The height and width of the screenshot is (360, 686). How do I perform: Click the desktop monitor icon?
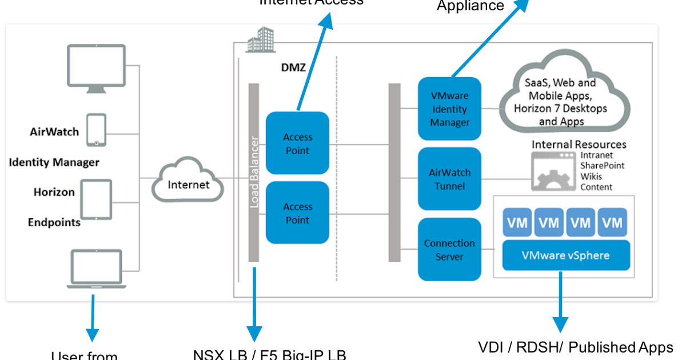96,68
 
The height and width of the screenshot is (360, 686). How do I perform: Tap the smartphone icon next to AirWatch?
96,130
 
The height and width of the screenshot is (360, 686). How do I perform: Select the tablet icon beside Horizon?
96,199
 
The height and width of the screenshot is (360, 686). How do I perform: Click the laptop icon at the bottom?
95,269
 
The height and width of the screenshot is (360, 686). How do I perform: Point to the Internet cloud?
188,182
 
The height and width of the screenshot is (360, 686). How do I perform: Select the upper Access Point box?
297,143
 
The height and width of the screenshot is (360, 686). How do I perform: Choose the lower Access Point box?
297,213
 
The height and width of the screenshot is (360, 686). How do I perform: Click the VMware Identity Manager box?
449,109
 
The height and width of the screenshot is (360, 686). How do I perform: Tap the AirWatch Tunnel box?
449,179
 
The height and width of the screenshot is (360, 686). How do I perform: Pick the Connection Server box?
449,250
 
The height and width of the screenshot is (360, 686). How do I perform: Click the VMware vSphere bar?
565,255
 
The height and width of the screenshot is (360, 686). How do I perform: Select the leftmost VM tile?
517,222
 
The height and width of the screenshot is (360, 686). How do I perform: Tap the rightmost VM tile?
612,222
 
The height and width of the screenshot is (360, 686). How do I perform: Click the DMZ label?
294,68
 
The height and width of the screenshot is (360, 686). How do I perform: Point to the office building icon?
260,41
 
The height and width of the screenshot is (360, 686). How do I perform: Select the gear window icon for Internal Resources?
552,171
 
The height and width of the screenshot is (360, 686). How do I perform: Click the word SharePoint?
603,166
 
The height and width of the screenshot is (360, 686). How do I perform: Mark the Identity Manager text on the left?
54,162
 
